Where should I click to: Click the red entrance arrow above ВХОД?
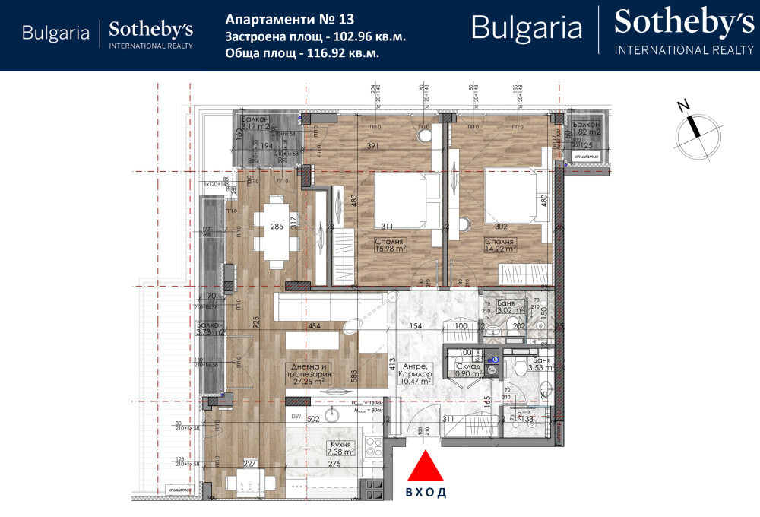coord(426,465)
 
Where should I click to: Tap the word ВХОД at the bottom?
coord(426,492)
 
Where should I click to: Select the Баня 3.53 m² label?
coord(543,364)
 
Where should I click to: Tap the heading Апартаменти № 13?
coord(279,17)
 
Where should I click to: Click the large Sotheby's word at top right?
coord(684,23)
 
